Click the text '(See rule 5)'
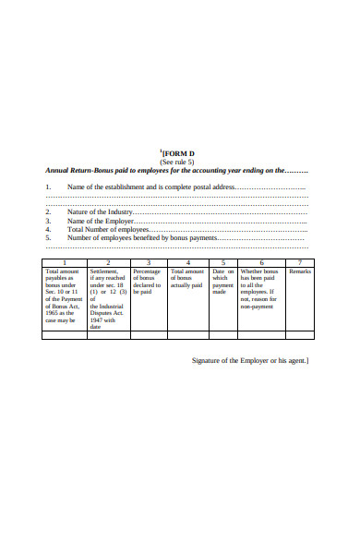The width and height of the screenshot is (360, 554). coord(177,162)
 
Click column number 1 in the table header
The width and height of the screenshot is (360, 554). coord(65,263)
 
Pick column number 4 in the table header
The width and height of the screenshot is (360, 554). coord(189,263)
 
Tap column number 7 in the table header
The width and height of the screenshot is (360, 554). coord(300,263)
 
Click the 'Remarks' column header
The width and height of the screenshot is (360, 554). coord(300,271)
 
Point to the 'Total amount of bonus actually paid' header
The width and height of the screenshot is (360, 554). coord(189,279)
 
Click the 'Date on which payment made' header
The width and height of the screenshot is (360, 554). coord(223,282)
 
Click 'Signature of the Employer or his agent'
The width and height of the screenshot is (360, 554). coord(250,360)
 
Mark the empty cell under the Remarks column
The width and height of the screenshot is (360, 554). coord(300,334)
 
